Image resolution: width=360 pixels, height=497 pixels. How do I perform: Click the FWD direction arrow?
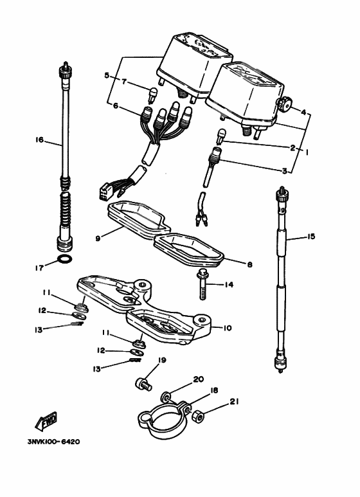46,422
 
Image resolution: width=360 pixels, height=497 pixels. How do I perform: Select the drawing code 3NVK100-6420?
53,442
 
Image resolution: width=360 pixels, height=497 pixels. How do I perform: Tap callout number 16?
39,140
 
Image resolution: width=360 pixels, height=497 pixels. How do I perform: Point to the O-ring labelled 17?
65,259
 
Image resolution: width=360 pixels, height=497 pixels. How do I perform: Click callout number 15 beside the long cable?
311,237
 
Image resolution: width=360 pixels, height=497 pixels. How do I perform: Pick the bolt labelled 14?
202,284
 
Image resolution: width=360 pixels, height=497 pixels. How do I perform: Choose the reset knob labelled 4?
283,104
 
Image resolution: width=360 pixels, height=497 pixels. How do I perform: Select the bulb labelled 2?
221,136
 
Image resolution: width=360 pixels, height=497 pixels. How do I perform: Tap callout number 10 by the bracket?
227,328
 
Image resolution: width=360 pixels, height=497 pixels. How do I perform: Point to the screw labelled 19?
143,384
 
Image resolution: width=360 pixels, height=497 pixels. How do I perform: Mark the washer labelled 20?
166,397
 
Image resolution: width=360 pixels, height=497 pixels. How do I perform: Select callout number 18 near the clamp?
214,390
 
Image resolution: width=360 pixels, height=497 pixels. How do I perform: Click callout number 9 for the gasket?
98,238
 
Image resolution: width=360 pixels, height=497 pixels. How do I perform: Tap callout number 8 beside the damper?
249,264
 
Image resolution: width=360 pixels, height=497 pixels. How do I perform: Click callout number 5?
107,75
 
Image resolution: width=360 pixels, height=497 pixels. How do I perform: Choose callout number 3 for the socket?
285,171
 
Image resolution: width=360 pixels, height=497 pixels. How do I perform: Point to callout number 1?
307,152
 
